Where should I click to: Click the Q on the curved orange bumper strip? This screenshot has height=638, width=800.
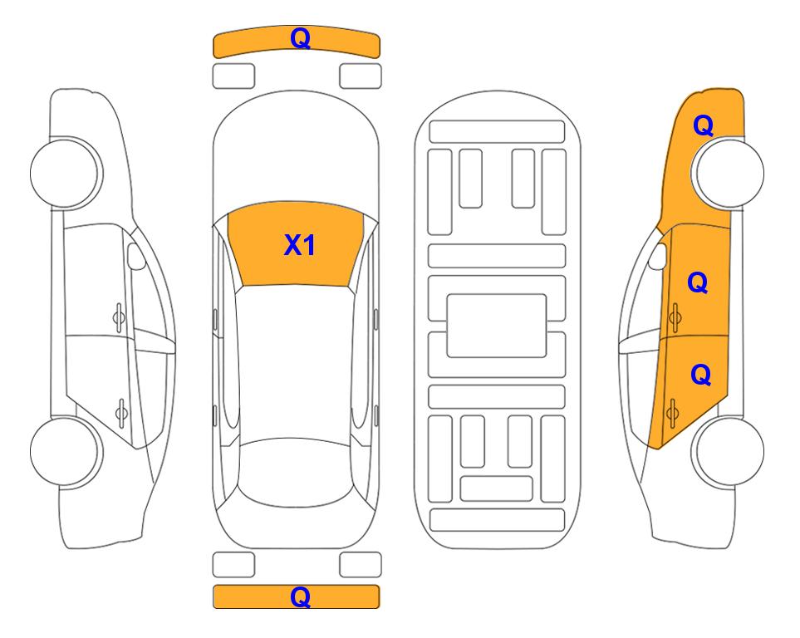pos(300,37)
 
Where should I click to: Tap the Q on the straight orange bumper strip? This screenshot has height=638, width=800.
pos(300,596)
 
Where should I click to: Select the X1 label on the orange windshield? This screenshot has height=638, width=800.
pos(300,245)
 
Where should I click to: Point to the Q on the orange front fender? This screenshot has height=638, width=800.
pos(703,125)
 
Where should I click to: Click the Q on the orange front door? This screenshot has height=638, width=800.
pos(698,282)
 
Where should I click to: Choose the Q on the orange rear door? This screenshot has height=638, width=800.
pos(700,375)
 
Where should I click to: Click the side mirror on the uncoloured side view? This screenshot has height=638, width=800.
pos(135,256)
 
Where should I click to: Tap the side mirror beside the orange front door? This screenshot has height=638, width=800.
pos(658,256)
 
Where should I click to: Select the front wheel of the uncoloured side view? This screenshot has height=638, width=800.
pos(66,173)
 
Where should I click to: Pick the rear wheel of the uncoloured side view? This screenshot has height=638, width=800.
pos(66,452)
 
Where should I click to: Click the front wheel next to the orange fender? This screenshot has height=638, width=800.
pos(728,173)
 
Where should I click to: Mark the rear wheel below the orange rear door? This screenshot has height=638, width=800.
pos(728,452)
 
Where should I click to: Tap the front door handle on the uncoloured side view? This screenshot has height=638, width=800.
pos(119,317)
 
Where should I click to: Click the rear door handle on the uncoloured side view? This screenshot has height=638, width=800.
pos(121,412)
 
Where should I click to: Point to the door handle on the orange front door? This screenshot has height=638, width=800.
pos(675,317)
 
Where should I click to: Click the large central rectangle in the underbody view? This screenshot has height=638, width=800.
pos(497,326)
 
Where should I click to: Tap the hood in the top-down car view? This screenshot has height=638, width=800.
pos(296,148)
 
